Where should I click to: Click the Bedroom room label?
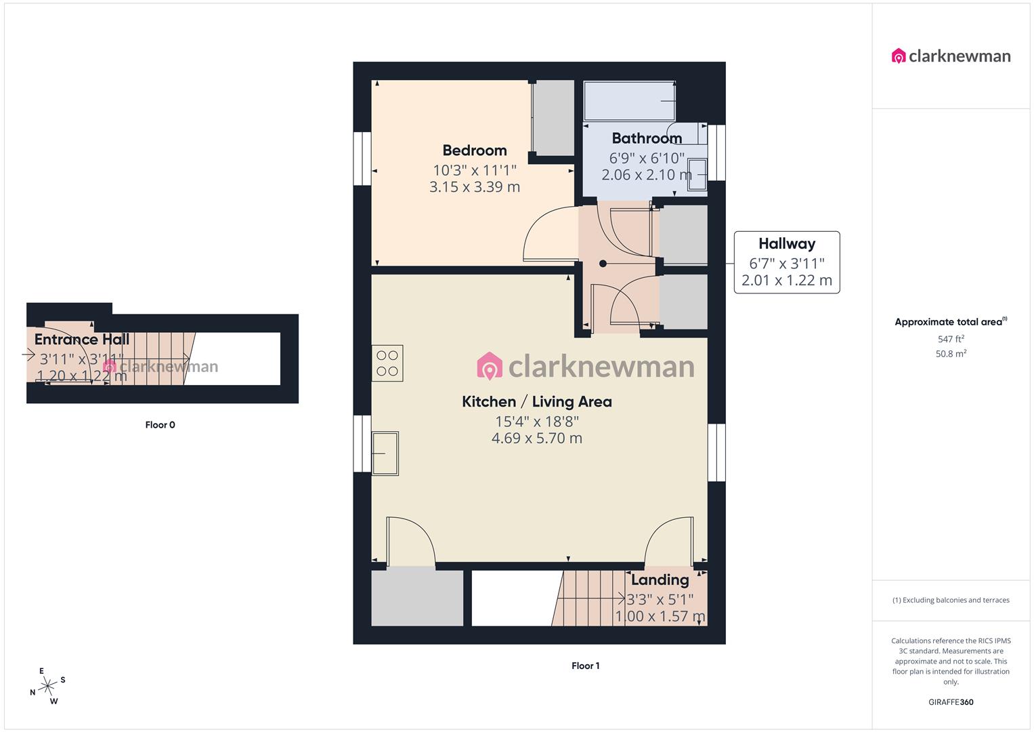pos(474,150)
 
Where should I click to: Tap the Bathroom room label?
pos(647,138)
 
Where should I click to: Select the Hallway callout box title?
pos(786,244)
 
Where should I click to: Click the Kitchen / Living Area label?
pos(536,402)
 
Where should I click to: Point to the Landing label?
pos(660,580)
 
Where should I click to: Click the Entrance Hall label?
pos(82,340)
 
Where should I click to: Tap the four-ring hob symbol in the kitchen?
pos(387,363)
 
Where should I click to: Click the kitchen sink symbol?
pos(385,453)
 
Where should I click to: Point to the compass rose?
pos(47,687)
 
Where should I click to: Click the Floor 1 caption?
pos(585,666)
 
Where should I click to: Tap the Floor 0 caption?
pos(160,425)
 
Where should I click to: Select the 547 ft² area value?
pos(951,339)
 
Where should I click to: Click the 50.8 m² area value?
pos(951,354)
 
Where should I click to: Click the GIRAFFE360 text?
pos(951,702)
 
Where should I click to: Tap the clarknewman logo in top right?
pos(951,56)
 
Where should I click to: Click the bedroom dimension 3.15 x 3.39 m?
pos(474,187)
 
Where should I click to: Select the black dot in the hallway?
pos(603,264)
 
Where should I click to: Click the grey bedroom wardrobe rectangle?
pos(554,118)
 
